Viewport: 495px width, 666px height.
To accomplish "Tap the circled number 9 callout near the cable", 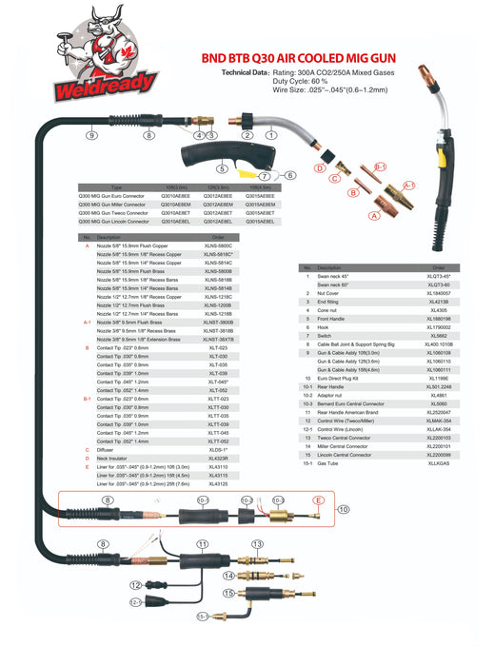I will coord(92,136).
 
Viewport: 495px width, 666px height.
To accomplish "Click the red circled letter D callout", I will coord(320,168).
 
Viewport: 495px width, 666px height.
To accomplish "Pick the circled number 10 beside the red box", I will coord(344,510).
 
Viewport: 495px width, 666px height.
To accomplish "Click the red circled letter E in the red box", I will coord(318,499).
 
